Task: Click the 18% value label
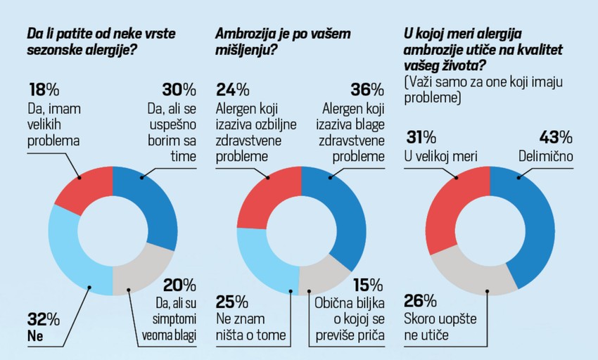click(x=43, y=90)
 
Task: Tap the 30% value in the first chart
click(x=178, y=90)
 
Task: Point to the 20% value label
click(x=179, y=285)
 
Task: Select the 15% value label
click(x=368, y=285)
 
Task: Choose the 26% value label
click(x=420, y=301)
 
